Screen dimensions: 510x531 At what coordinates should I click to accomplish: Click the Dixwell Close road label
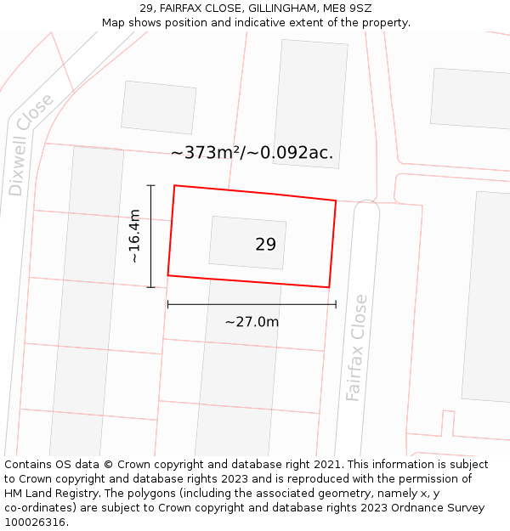pos(31,144)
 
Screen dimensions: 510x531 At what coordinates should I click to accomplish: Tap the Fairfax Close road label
pos(357,347)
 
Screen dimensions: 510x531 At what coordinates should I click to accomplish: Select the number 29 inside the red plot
pos(265,245)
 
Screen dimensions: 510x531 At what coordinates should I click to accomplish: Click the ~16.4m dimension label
pos(134,236)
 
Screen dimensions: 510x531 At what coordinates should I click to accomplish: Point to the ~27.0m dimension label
pos(252,322)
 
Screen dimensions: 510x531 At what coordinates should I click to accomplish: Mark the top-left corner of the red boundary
pos(174,185)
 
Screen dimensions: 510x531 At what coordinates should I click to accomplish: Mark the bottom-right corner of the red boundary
pos(328,287)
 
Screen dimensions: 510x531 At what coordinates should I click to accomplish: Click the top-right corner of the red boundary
pos(336,201)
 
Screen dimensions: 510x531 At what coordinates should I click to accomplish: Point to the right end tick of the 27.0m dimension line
pos(336,304)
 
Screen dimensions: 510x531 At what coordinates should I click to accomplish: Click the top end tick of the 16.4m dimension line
pos(150,185)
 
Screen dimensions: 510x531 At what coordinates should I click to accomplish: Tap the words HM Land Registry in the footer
pos(45,493)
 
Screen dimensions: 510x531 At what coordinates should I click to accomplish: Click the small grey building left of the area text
pos(158,107)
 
